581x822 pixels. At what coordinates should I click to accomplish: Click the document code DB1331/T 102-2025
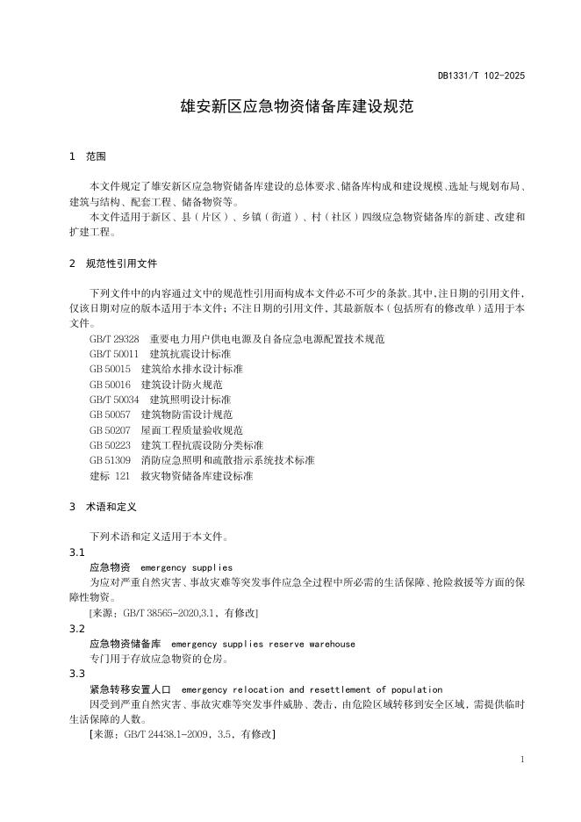(481, 76)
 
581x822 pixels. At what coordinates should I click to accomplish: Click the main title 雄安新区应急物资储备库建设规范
(290, 108)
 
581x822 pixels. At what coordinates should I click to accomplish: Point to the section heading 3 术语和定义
(102, 507)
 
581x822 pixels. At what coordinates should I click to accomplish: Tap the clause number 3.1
(76, 552)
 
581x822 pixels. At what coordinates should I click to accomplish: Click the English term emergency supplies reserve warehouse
(263, 644)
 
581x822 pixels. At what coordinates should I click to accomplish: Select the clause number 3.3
(76, 674)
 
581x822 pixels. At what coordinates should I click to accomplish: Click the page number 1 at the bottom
(521, 759)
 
